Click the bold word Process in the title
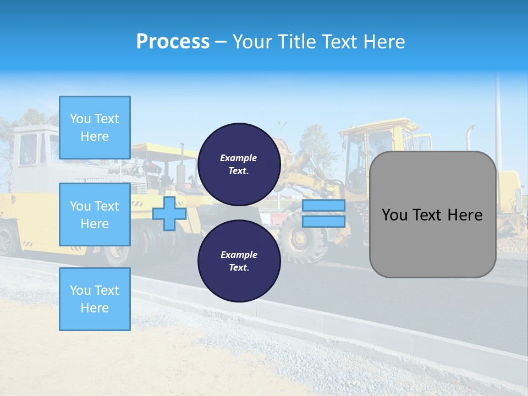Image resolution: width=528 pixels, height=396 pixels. click(173, 42)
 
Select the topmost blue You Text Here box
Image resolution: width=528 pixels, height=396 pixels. click(95, 128)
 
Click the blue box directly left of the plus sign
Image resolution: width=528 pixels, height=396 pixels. click(95, 215)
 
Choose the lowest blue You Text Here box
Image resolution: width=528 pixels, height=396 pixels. click(95, 299)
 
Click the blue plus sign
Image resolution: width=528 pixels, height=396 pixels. click(169, 214)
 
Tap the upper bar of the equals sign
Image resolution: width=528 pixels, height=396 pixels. click(324, 206)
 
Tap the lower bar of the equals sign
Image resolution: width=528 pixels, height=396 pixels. click(324, 222)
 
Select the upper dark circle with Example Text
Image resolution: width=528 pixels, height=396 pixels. click(239, 164)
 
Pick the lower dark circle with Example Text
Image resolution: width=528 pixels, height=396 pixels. click(239, 261)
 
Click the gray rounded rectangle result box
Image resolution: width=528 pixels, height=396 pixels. click(433, 214)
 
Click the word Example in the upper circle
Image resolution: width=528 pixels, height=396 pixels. click(239, 158)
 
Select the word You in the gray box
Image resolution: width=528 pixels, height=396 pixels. click(394, 215)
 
